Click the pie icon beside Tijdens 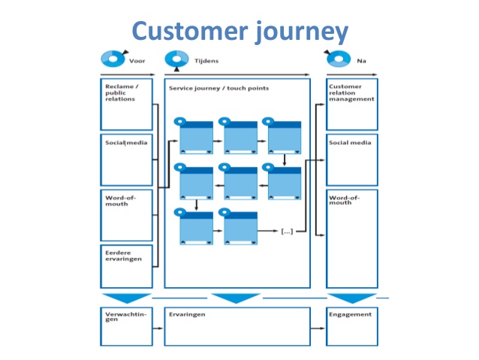pos(177,58)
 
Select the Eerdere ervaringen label pos(119,256)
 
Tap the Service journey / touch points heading pos(218,88)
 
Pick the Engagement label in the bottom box pos(350,314)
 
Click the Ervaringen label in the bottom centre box pos(187,314)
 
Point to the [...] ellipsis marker pos(286,231)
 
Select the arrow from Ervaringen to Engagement pos(318,328)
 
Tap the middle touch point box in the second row pos(240,182)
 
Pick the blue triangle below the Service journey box pos(236,298)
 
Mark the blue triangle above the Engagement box pos(351,298)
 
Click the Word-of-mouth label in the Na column pos(345,199)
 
